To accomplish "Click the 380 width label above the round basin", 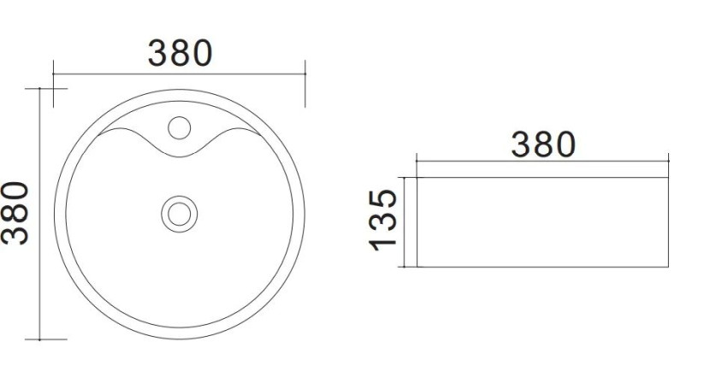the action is pos(180,53).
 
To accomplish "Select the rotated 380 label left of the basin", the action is pos(15,213).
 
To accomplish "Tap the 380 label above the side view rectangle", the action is pos(543,144).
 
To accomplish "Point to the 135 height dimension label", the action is pos(383,221).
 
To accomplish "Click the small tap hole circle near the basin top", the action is pos(180,127).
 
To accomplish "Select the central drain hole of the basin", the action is pos(180,214).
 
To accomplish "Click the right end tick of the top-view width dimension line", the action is pos(305,74).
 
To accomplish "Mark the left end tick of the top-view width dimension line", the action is pos(53,74).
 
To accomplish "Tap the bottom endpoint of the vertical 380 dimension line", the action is pos(40,339).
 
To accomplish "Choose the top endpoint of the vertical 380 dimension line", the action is pos(40,89).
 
